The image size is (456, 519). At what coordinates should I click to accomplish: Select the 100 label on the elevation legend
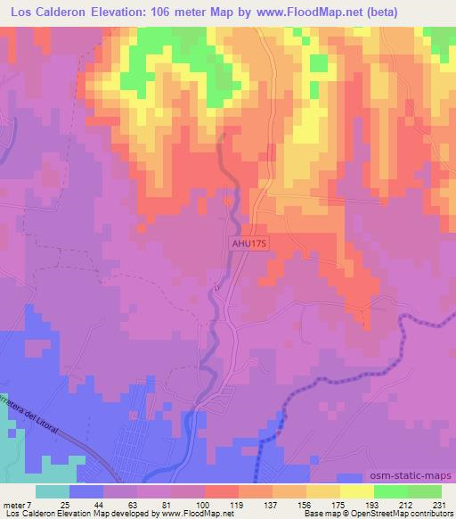(203, 505)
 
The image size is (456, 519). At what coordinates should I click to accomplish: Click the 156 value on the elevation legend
(304, 505)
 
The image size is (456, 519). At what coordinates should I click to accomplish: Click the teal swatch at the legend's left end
(53, 491)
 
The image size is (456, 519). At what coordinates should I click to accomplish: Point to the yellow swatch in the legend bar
(357, 491)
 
